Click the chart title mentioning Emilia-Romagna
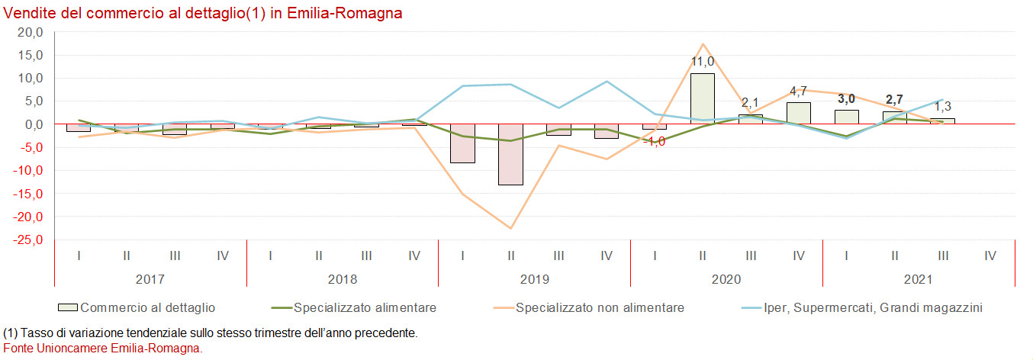203,14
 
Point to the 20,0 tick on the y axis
31,32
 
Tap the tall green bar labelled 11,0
702,98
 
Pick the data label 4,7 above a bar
797,92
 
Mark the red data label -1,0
654,141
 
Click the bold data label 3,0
845,99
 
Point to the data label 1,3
942,107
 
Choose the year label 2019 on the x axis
534,280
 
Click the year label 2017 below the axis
150,280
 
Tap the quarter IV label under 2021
990,256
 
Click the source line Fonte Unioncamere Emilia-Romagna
103,348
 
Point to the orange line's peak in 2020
702,44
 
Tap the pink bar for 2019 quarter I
462,143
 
